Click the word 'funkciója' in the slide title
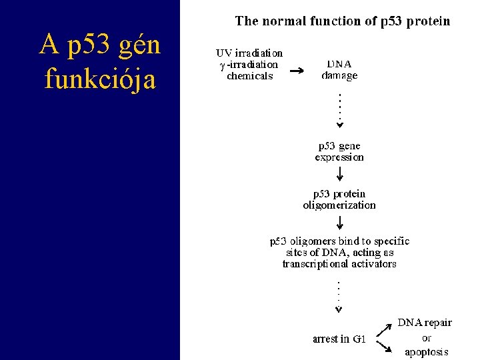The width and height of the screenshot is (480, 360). coord(100,79)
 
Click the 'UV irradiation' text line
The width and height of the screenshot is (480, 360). coord(249,53)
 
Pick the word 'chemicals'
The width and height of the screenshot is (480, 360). coord(250,76)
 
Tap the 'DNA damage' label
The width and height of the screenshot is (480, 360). coord(339,70)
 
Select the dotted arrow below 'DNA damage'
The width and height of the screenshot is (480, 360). coord(339,111)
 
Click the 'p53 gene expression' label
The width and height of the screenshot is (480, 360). coord(339,151)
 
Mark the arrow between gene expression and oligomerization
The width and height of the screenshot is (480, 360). coord(339,174)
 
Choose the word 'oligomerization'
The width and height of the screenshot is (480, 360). coord(339,205)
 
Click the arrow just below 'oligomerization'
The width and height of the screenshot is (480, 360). coord(339,222)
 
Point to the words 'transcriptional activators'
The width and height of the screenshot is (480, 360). coord(339,264)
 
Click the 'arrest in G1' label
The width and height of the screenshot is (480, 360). coord(339,339)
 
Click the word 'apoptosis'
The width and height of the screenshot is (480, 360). coord(426,351)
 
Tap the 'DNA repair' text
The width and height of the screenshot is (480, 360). coord(425,323)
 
